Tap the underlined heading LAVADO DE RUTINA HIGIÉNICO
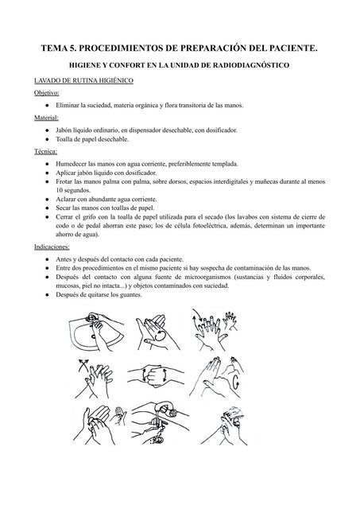[84, 80]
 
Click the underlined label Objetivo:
[47, 93]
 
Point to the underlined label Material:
[46, 118]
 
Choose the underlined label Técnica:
[46, 151]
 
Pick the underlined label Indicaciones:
[52, 247]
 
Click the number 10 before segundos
[59, 190]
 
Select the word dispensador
[145, 130]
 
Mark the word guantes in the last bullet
[131, 295]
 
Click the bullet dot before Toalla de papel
[48, 139]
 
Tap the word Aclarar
[66, 199]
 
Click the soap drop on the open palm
[161, 336]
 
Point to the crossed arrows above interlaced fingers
[83, 365]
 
